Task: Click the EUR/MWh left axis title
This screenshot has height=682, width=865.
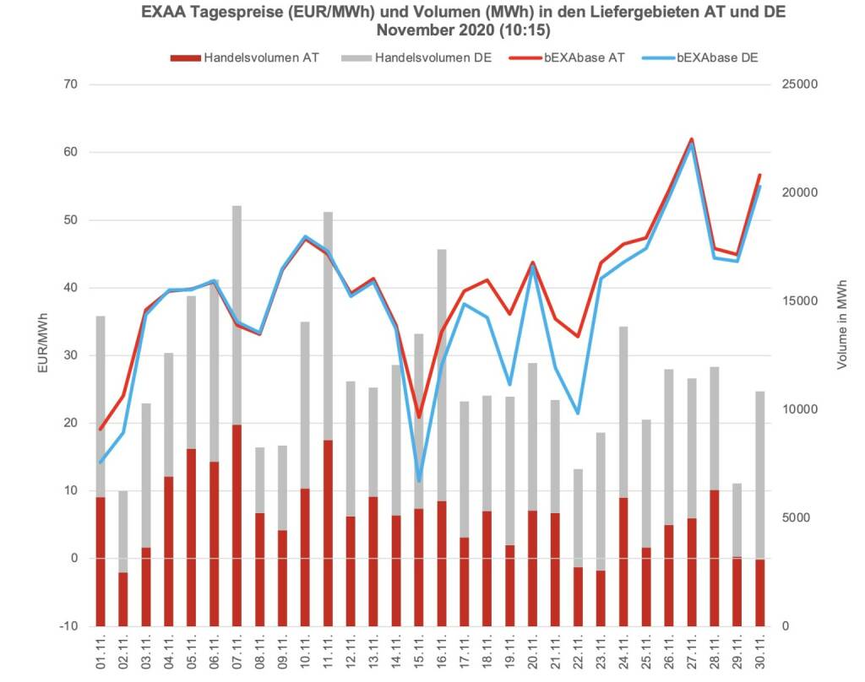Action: (43, 343)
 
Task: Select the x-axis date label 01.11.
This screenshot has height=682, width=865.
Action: (101, 653)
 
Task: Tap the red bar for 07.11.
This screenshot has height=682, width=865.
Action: (237, 523)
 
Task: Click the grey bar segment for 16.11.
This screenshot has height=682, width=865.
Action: (442, 371)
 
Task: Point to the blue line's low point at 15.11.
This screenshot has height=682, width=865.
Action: (419, 480)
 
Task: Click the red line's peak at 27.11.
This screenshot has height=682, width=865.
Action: (692, 139)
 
